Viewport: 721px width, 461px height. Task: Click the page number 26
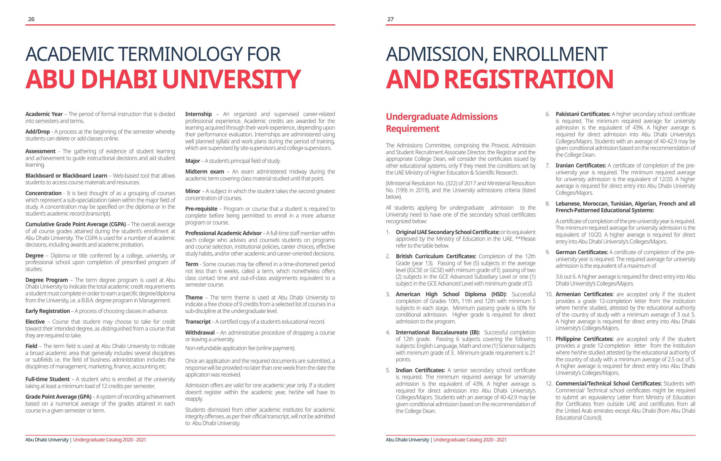click(31, 19)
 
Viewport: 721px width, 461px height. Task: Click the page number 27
click(390, 19)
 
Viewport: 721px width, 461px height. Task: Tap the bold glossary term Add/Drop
click(37, 132)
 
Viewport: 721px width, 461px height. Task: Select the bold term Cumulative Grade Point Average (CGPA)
click(76, 224)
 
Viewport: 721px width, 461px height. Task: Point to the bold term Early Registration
click(48, 311)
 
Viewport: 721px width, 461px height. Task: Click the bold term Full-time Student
click(47, 379)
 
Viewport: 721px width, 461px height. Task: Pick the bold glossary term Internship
click(198, 114)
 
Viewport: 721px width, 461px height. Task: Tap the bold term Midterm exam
click(204, 172)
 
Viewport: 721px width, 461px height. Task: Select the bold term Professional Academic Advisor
click(223, 233)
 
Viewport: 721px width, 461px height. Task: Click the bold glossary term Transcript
click(198, 322)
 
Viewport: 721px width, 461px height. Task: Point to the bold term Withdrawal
click(200, 333)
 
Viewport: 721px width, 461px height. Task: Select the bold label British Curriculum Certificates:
click(436, 256)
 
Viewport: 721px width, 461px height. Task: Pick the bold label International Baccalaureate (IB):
click(437, 333)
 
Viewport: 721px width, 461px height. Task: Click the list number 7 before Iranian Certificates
click(547, 166)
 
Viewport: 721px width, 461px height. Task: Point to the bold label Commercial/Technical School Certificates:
click(608, 384)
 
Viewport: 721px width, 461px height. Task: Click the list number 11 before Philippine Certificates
click(549, 339)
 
